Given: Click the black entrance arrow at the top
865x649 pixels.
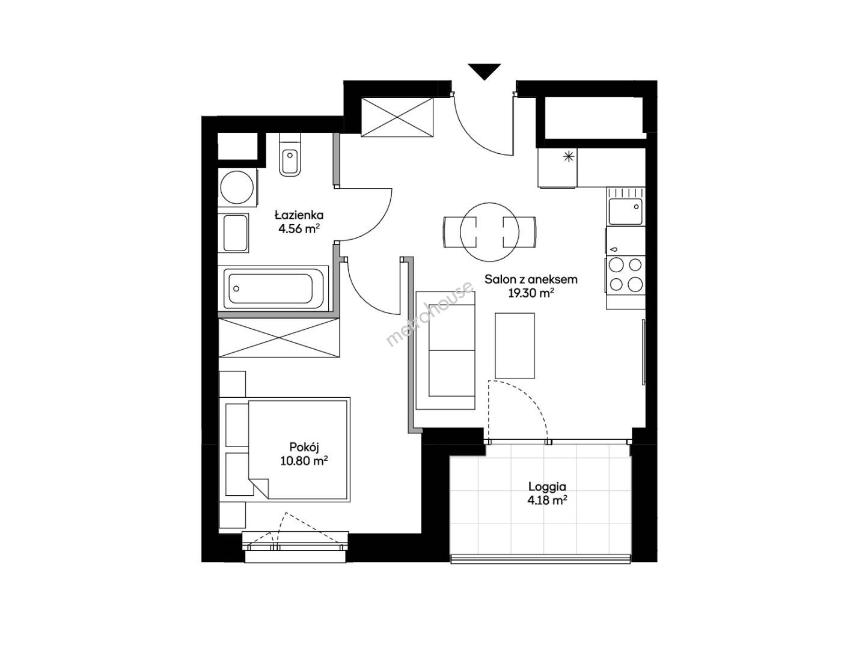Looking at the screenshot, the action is (x=484, y=72).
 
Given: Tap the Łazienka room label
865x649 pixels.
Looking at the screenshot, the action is (x=299, y=215).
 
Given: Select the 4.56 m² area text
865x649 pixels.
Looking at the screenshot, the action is (x=299, y=229).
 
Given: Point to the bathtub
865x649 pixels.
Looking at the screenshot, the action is (x=273, y=288).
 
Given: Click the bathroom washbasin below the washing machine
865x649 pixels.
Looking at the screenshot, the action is (x=236, y=233).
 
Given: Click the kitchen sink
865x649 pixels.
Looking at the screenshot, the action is (x=625, y=212).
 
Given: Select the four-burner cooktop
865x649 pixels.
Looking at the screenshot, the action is (x=625, y=275).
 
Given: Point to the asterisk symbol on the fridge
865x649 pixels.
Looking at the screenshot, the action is (x=568, y=157).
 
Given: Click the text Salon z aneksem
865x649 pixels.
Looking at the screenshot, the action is (x=531, y=279).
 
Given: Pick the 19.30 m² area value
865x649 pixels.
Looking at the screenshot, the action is (x=531, y=293).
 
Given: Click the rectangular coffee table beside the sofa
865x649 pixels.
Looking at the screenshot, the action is (x=515, y=346).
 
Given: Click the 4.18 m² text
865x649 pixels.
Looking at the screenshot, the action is (x=548, y=501).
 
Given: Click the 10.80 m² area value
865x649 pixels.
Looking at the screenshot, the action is (x=304, y=461).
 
